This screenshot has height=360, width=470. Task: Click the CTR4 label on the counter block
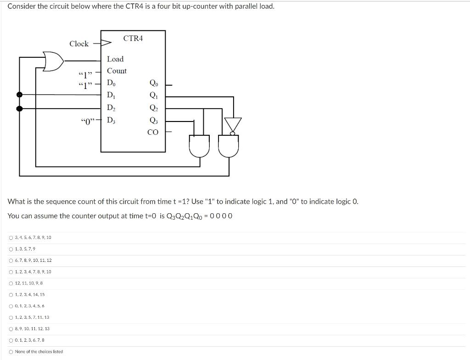(x=133, y=39)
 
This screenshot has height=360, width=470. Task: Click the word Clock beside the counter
(x=79, y=44)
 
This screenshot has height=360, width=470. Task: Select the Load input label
(x=115, y=59)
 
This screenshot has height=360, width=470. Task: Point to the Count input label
(x=117, y=71)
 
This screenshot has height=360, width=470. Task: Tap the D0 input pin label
(x=112, y=83)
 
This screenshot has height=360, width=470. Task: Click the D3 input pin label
(x=112, y=121)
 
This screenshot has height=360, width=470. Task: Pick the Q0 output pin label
(x=153, y=83)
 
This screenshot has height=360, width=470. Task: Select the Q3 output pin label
(x=153, y=121)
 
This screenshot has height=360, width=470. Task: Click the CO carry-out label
(x=153, y=133)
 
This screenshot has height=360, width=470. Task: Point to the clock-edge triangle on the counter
(x=106, y=44)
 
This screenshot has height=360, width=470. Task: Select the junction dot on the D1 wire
(x=19, y=94)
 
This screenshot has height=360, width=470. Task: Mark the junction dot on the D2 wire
(x=19, y=109)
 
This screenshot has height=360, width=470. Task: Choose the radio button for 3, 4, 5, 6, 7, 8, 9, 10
(x=11, y=238)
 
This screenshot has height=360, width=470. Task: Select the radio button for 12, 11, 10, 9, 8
(x=11, y=283)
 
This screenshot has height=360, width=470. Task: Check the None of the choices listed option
(x=11, y=352)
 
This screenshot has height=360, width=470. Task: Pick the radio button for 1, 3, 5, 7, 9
(x=11, y=249)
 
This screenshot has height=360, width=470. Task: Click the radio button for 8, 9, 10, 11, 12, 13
(x=11, y=329)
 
